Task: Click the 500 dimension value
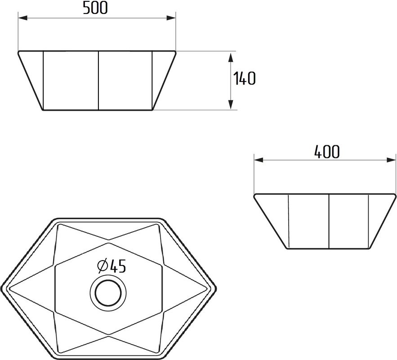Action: [x=95, y=8]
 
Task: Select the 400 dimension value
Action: [x=327, y=152]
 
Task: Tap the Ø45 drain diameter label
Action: [x=112, y=267]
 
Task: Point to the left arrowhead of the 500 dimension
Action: [x=23, y=18]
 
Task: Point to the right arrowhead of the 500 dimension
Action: [x=171, y=18]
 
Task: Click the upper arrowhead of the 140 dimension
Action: [x=231, y=57]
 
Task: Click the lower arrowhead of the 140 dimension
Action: [x=231, y=104]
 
